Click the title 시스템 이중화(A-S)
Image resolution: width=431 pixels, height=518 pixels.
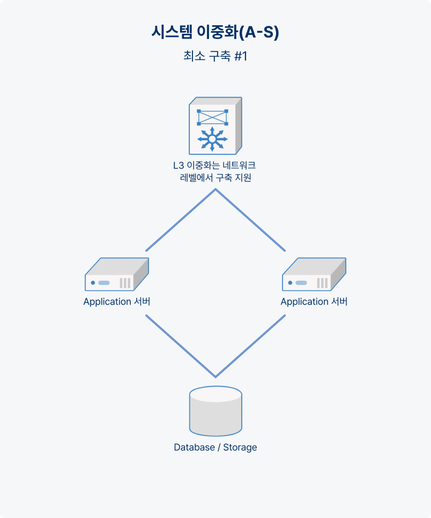point(215,32)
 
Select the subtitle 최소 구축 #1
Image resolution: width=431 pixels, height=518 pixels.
point(215,56)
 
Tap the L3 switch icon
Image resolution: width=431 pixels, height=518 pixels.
point(215,126)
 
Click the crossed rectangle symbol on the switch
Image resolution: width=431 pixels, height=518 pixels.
point(212,117)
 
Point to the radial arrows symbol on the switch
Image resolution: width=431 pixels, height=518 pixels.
point(212,139)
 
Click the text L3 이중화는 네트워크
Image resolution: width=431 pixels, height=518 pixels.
point(214,165)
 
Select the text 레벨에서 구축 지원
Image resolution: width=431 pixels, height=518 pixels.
point(215,178)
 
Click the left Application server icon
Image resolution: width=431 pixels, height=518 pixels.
point(117,274)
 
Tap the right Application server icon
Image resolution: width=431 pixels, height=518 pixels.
point(314,274)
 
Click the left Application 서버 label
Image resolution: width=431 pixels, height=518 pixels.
point(117,302)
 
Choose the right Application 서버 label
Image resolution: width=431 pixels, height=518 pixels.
point(314,302)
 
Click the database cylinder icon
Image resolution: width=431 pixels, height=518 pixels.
point(215,411)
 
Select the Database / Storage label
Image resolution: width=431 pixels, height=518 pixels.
point(215,447)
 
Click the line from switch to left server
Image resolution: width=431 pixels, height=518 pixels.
point(181,220)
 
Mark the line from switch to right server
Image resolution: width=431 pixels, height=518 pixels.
point(250,220)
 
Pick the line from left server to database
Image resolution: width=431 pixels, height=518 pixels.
point(181,346)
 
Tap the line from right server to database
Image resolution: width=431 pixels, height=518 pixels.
point(250,346)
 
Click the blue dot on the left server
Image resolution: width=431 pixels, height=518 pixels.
point(93,283)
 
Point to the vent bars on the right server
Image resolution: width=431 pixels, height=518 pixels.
point(322,283)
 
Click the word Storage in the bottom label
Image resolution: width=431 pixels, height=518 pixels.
point(240,447)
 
